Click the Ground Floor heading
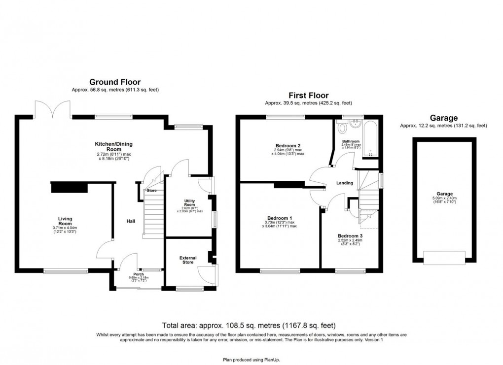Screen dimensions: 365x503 click(114, 82)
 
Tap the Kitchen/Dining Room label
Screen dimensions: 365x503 click(114, 146)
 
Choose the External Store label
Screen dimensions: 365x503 click(187, 261)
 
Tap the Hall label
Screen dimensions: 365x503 click(131, 221)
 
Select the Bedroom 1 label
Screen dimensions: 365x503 click(280, 218)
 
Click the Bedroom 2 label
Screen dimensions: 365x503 click(288, 146)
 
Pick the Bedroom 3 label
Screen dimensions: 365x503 click(350, 236)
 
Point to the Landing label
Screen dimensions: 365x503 click(344, 183)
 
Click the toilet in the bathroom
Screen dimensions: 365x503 click(342, 129)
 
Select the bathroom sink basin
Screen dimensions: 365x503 click(355, 124)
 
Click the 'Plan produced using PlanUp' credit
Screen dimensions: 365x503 click(251, 360)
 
